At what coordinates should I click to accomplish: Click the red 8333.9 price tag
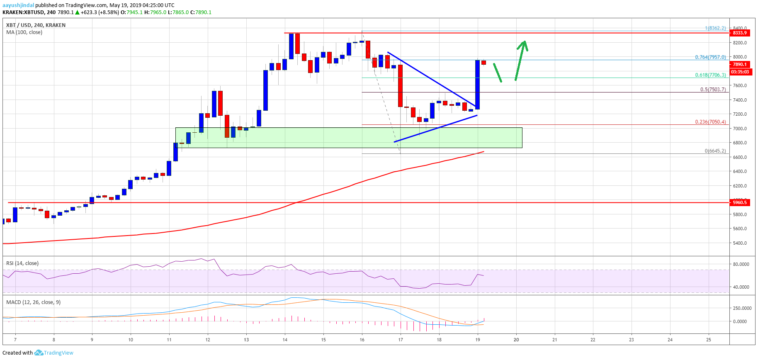point(740,33)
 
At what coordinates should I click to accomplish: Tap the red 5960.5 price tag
point(740,202)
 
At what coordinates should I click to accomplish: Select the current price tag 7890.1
point(740,64)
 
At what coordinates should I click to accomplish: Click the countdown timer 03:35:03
point(740,72)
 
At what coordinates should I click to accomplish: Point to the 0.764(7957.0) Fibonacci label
point(710,57)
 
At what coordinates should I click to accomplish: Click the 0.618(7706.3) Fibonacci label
point(710,75)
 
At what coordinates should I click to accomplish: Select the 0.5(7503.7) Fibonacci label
point(713,90)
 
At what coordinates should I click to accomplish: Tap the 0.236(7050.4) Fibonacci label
point(710,122)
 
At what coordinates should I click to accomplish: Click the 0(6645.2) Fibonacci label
point(715,151)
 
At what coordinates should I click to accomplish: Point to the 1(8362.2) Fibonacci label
point(715,28)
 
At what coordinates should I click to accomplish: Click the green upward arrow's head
point(524,43)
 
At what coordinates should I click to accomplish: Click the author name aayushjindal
point(18,5)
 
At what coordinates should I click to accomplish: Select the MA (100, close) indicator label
point(24,32)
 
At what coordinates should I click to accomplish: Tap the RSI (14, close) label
point(22,263)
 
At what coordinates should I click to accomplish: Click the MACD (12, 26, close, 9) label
point(33,302)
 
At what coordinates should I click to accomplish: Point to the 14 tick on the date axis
point(285,340)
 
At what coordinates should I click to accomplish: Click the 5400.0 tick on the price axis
point(740,243)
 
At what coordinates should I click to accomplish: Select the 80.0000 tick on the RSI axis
point(741,264)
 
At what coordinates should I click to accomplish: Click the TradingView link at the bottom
point(58,353)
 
